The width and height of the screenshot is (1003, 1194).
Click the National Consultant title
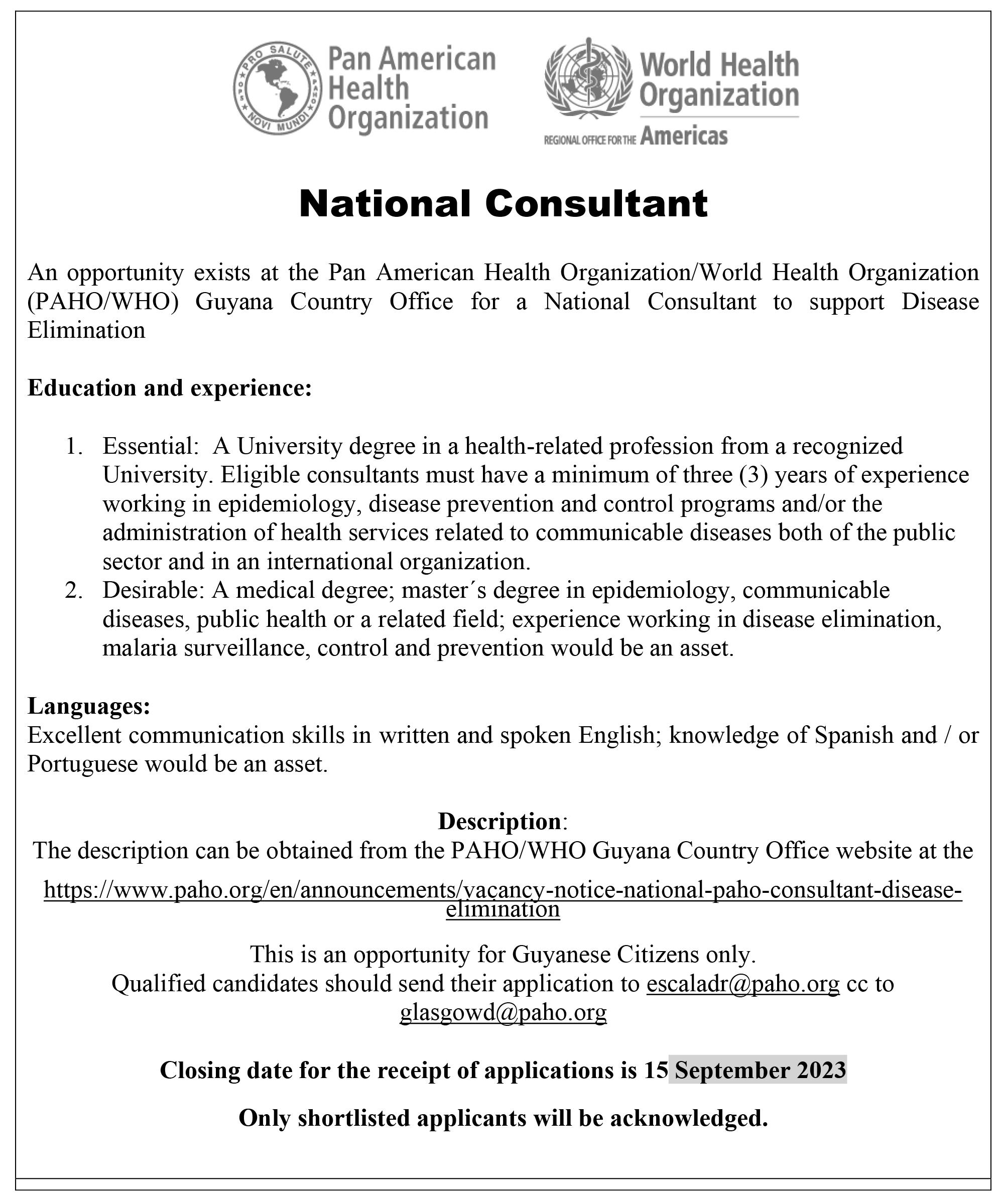(503, 204)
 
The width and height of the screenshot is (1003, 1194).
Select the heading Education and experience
(170, 388)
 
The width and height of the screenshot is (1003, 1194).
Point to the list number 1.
(74, 446)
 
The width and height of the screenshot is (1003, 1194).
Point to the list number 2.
(74, 590)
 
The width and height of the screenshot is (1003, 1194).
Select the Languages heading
(89, 706)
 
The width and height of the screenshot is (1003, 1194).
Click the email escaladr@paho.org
(742, 984)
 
